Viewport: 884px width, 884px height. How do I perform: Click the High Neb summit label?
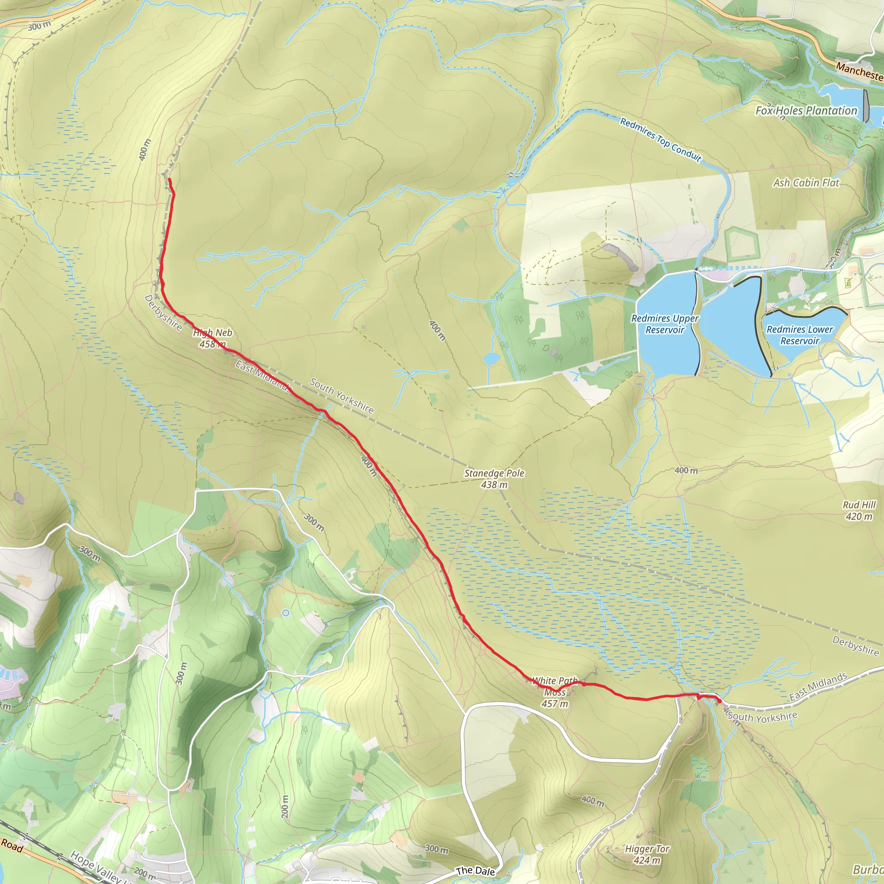pos(213,338)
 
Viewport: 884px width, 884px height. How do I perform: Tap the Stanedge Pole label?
pos(494,479)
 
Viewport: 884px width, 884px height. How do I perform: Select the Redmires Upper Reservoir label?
pos(665,324)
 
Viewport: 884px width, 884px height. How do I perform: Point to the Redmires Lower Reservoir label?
pos(800,335)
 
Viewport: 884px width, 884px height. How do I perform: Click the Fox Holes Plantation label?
pos(806,111)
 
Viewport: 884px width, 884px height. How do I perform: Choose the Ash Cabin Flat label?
pos(806,183)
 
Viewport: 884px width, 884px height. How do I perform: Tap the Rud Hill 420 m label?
pos(859,511)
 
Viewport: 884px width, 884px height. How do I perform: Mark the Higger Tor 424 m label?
pos(647,854)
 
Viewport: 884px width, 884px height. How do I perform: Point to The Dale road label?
pos(475,871)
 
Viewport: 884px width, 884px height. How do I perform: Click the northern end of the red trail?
pos(169,180)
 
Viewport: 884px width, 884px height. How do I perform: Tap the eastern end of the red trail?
pos(719,701)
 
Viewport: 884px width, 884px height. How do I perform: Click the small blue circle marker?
pos(285,612)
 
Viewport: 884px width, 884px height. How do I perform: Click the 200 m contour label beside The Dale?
pos(284,807)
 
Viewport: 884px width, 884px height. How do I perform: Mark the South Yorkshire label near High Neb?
pos(341,396)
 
